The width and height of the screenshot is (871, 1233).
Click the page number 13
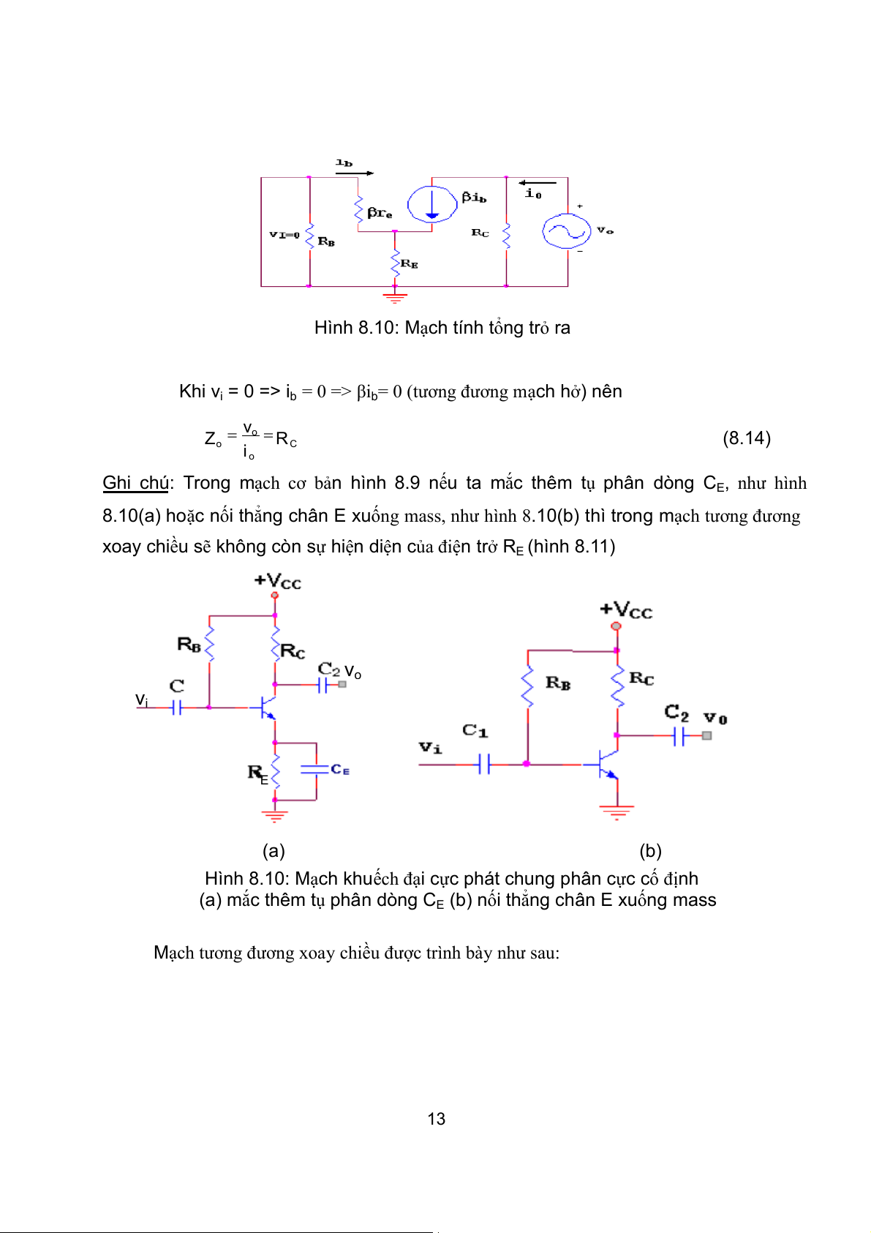(436, 1119)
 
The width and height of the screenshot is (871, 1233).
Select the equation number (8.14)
(746, 438)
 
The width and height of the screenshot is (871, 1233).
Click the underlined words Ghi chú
(135, 483)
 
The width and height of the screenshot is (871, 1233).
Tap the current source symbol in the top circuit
(431, 204)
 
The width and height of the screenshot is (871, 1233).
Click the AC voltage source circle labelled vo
(566, 231)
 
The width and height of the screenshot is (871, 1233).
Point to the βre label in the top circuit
(380, 213)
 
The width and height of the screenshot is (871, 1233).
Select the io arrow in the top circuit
(537, 183)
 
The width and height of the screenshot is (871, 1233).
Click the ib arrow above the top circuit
(355, 173)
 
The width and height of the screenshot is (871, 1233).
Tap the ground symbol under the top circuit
(395, 297)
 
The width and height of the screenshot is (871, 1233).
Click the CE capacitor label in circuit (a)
(340, 770)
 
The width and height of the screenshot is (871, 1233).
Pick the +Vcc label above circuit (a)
(277, 582)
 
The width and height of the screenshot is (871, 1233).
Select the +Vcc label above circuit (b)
(625, 610)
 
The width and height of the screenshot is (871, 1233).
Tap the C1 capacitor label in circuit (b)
(475, 730)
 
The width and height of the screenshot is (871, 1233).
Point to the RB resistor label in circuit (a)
(189, 645)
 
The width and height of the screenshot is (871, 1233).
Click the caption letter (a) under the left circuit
(274, 850)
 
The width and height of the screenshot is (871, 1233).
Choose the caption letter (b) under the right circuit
(650, 850)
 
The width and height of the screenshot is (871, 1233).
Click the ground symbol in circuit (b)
(617, 811)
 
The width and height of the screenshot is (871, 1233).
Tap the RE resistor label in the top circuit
(409, 263)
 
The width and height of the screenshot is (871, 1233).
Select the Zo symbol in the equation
(213, 439)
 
